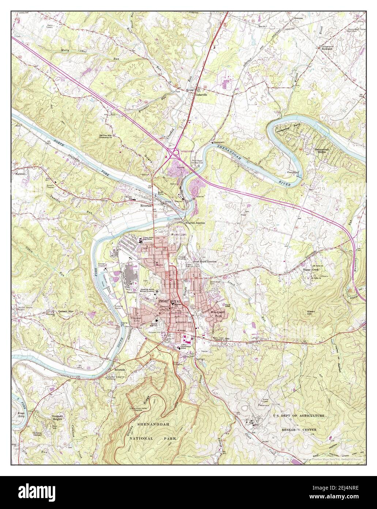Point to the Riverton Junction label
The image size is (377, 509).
click(195, 223)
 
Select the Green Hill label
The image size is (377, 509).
click(311, 314)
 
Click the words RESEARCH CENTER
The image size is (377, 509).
click(299, 429)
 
